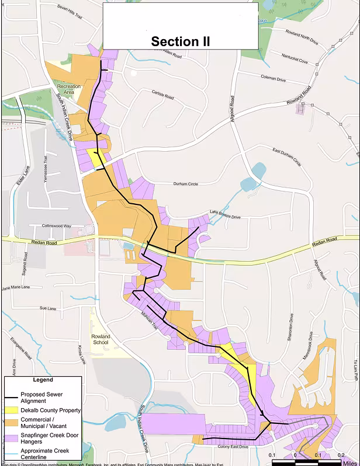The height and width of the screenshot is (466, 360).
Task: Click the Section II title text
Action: [x=180, y=41]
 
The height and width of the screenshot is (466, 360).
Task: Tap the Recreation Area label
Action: [x=69, y=89]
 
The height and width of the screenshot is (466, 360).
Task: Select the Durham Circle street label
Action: [x=185, y=184]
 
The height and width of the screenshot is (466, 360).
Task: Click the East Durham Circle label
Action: [x=286, y=156]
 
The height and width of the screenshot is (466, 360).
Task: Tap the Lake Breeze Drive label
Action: [x=225, y=214]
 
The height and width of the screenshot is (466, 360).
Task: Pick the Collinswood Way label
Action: [x=56, y=226]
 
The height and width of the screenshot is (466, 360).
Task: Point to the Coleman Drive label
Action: [x=273, y=79]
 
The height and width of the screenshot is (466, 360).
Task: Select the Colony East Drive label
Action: [x=233, y=447]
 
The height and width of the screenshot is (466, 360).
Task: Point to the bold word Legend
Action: [x=43, y=380]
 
